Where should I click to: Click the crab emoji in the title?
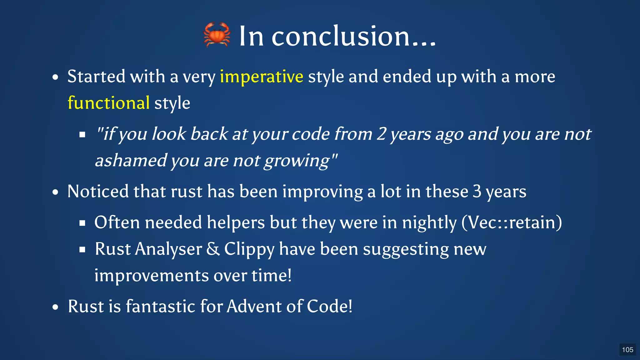tap(217, 35)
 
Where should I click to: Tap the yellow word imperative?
tap(261, 77)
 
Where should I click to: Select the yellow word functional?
tap(108, 103)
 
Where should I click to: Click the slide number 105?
tap(627, 350)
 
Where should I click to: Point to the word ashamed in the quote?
tap(131, 161)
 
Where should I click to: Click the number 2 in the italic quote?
tap(381, 134)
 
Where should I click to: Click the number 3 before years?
tap(477, 191)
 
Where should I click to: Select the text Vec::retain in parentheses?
tap(512, 222)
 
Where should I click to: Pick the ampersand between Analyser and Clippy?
tap(213, 249)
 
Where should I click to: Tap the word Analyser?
tap(168, 249)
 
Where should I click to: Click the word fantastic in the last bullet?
tap(160, 306)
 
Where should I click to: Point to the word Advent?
tap(254, 306)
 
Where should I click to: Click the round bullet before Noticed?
tap(55, 192)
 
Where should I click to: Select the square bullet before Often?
tap(82, 223)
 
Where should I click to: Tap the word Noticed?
tap(98, 191)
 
